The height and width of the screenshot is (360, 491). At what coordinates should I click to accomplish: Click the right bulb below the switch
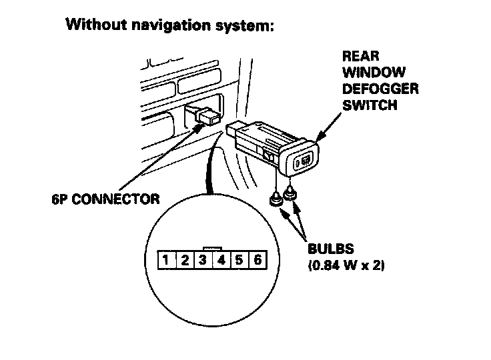[290, 194]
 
